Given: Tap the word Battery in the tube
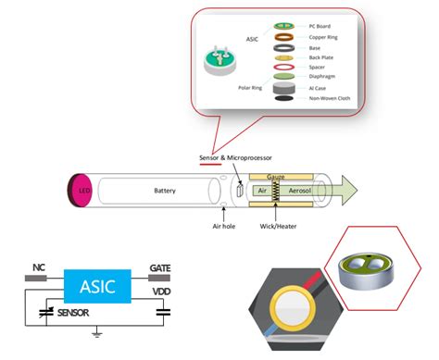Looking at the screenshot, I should (165, 191).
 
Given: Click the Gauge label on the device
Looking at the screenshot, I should (275, 175).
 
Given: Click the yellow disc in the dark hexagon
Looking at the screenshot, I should (295, 316).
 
